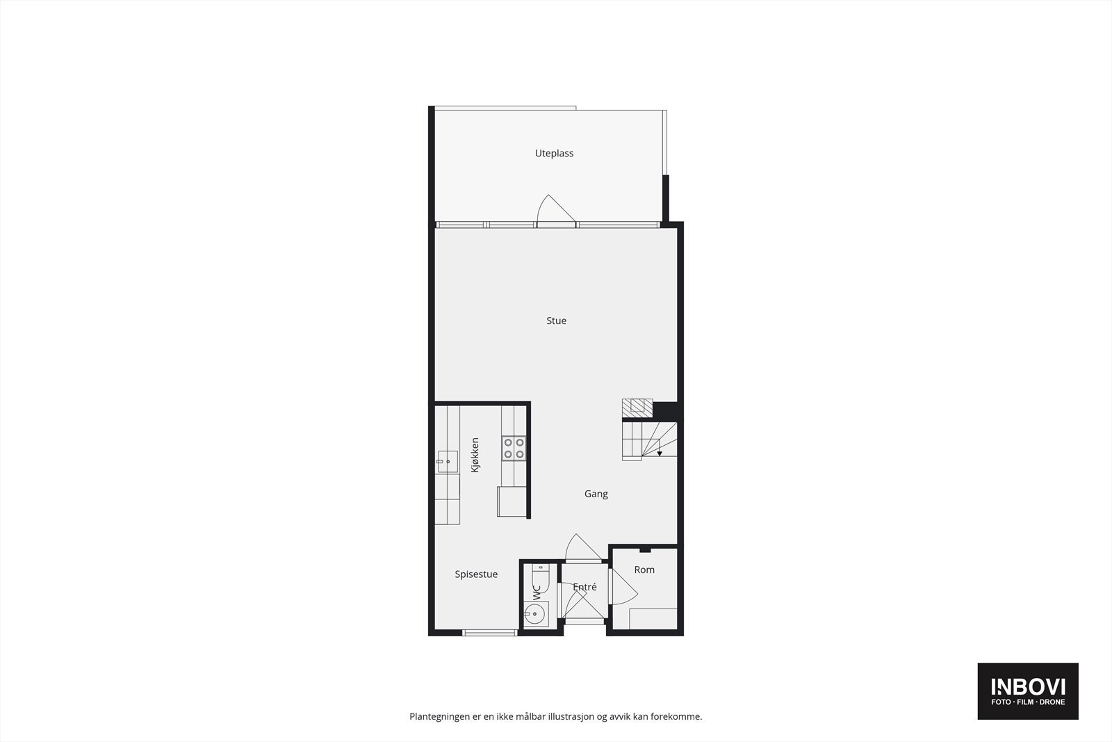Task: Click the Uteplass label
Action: tap(554, 154)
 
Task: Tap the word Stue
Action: tap(556, 321)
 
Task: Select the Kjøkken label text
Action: tap(475, 455)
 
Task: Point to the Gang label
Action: tap(596, 494)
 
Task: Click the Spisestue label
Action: tap(476, 574)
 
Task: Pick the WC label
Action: tap(537, 593)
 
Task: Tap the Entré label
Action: tap(584, 587)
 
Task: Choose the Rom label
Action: tap(644, 570)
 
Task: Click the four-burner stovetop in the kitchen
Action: tap(514, 448)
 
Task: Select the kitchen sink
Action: tap(447, 462)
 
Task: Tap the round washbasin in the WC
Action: tap(535, 613)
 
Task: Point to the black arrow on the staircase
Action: tap(659, 453)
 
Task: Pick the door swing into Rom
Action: tap(623, 588)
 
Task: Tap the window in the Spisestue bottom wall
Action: tap(490, 632)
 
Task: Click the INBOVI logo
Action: tap(1028, 691)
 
